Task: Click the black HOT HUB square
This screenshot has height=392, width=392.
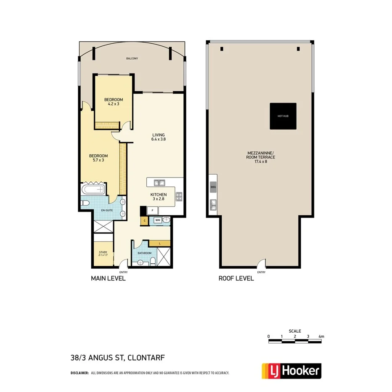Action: point(283,116)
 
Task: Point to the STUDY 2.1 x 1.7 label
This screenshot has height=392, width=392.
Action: point(103,254)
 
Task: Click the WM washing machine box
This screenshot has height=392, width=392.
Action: point(157,220)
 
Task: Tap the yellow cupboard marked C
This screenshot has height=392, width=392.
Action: point(145,220)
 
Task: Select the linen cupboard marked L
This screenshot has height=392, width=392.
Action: point(159,243)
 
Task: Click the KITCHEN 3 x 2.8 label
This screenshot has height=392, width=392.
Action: point(159,197)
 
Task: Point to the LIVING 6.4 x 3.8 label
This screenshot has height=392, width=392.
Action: point(159,137)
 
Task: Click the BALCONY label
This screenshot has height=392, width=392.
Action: point(132,58)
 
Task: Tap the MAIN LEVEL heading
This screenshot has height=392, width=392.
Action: point(109,278)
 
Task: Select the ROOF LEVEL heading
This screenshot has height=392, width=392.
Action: point(236,278)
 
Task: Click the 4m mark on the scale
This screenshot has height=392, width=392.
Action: point(321,336)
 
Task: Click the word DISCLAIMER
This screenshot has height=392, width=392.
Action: point(79,373)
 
